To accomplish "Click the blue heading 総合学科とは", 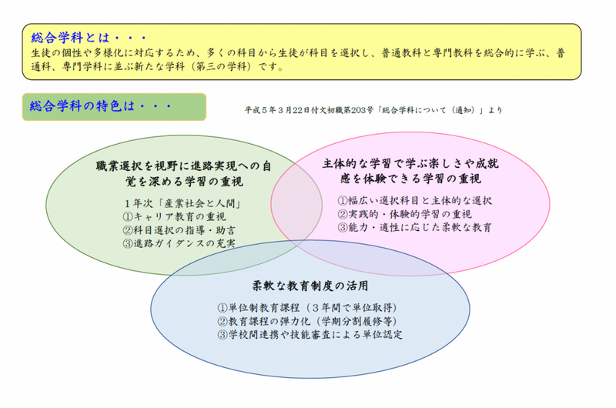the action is click(x=89, y=38).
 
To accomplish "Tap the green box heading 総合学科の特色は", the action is click(x=101, y=106).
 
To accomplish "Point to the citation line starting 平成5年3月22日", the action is click(x=373, y=110).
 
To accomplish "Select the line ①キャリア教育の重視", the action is click(x=175, y=217).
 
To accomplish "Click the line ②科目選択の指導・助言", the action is click(x=179, y=230).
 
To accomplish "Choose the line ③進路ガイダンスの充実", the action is click(x=179, y=243).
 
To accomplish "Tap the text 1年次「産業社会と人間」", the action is click(x=182, y=203).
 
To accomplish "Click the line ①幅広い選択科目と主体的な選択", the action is click(x=414, y=201).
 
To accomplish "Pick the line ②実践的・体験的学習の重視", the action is click(x=405, y=214).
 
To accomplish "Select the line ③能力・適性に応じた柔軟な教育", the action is click(x=414, y=227).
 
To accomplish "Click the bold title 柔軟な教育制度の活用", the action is click(x=310, y=286).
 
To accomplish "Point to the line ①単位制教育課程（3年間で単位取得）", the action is click(x=307, y=307).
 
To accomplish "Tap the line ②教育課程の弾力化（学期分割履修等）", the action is click(x=307, y=321).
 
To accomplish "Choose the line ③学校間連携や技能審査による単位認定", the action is click(x=310, y=335).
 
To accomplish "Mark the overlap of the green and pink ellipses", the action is click(x=296, y=204).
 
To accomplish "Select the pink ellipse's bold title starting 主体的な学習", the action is click(x=410, y=171).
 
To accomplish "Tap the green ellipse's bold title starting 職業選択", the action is click(x=184, y=173).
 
